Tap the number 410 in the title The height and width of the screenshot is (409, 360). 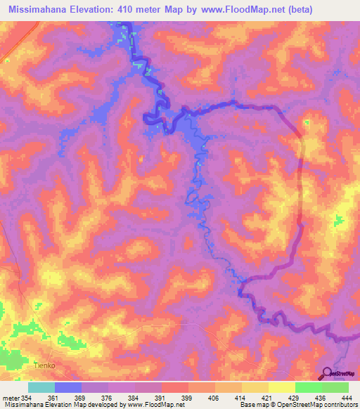136,9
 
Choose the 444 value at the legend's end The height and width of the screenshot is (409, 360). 347,397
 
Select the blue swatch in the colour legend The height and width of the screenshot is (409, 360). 68,387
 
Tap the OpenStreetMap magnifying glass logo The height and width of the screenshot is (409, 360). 326,374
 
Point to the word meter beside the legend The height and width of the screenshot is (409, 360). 10,397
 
